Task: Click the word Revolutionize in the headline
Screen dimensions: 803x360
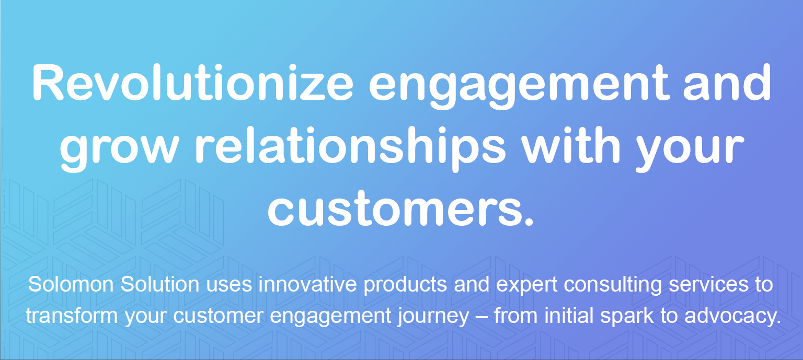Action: [x=193, y=83]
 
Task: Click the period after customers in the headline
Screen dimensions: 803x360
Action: [x=529, y=221]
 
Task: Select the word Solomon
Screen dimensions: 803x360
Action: [x=71, y=284]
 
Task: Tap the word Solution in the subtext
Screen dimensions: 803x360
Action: [x=159, y=284]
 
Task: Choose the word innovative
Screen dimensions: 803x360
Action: [x=307, y=284]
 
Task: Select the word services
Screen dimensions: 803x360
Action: [x=709, y=284]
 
